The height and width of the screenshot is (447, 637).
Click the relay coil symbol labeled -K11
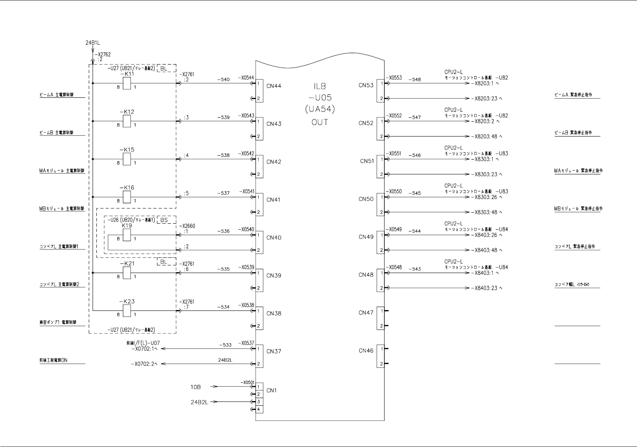tap(127, 83)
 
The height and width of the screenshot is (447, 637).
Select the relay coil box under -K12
tap(127, 121)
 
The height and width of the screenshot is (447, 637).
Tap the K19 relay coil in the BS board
tap(127, 235)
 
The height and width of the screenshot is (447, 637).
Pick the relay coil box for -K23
tap(127, 310)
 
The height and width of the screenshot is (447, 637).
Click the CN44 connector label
tap(274, 86)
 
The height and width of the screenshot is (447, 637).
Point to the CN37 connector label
tap(274, 351)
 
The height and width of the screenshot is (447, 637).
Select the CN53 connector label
tap(366, 85)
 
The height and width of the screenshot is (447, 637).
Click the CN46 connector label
tap(366, 350)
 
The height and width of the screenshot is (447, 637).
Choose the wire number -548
tap(414, 80)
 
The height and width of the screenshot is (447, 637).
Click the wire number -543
tap(414, 269)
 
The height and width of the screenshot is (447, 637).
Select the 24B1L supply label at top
tap(93, 43)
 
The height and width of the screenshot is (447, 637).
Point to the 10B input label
tap(195, 387)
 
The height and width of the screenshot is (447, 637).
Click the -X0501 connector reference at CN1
tap(247, 382)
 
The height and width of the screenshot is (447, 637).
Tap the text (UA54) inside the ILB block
tap(320, 109)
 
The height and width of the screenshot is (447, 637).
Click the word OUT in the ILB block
tap(320, 122)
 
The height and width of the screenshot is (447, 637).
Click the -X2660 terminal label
tap(187, 226)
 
